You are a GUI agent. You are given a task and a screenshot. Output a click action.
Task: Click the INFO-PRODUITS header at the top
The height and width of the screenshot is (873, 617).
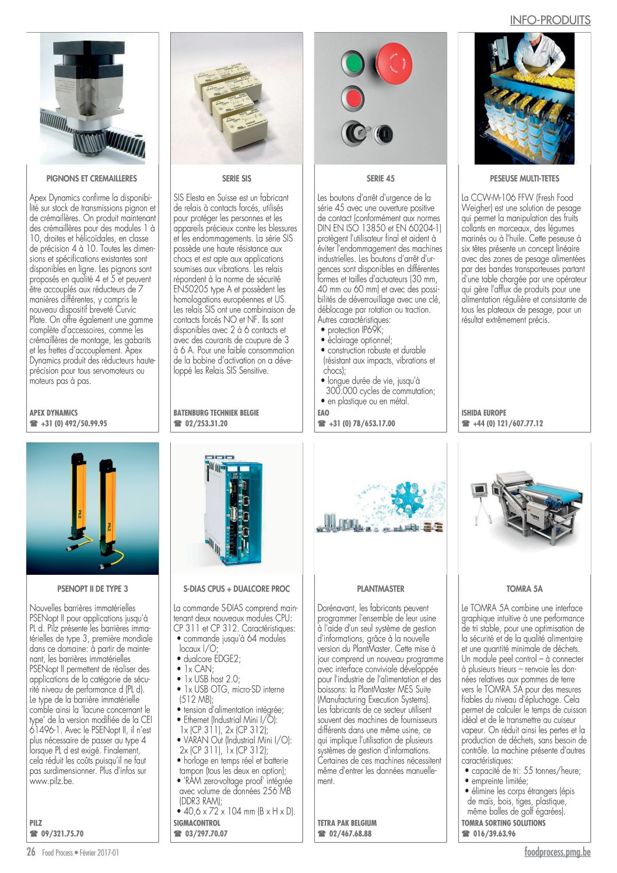550,20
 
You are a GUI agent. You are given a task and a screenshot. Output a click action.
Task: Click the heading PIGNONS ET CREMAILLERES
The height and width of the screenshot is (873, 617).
92,179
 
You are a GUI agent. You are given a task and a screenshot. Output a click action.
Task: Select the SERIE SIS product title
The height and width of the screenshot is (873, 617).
236,179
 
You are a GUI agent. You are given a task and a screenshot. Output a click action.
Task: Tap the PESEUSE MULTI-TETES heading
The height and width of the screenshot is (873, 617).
524,179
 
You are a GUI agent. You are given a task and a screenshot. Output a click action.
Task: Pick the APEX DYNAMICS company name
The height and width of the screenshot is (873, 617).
54,413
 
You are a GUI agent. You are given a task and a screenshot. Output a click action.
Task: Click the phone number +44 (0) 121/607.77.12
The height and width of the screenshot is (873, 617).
507,424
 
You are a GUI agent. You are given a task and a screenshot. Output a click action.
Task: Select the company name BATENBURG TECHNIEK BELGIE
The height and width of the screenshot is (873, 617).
216,413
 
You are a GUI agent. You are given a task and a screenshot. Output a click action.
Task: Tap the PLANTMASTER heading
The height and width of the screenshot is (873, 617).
380,589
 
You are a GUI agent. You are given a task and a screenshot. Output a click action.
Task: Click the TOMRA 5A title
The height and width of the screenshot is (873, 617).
524,589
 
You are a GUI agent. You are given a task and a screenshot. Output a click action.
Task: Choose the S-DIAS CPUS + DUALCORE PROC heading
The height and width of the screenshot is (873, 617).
236,589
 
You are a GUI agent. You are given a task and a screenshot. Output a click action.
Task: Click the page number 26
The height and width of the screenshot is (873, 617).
31,852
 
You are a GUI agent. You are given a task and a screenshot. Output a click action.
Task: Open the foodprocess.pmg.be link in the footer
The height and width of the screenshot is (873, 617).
557,852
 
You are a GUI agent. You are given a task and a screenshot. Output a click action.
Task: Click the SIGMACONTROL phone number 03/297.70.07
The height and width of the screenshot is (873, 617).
206,834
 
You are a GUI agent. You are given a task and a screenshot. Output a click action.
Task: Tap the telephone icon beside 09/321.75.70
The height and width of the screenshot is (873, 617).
33,834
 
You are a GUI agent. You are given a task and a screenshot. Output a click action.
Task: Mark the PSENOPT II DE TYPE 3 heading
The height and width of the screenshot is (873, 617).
92,589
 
